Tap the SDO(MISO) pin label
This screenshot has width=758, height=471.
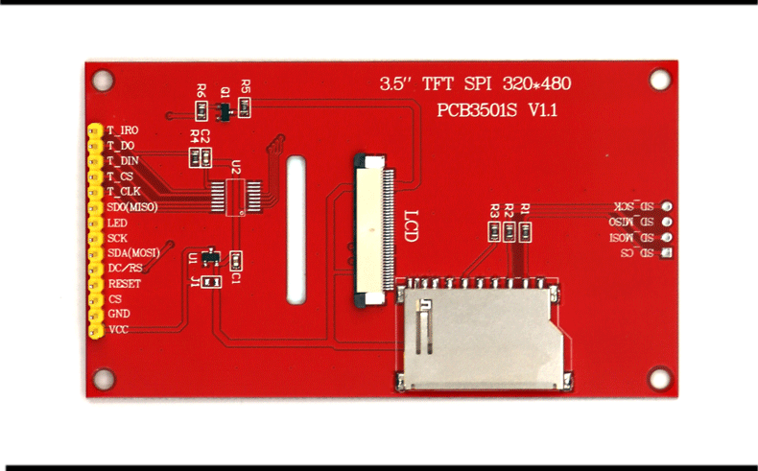point(132,206)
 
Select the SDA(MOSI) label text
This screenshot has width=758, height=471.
point(133,252)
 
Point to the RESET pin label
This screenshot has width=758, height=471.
point(125,284)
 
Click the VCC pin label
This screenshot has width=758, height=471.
point(118,329)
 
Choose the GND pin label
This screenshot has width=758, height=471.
point(119,314)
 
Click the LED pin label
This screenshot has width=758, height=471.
point(117,223)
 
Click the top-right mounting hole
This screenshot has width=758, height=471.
point(659,80)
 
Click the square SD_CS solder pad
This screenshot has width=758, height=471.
point(667,253)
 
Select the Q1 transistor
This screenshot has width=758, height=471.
point(224,113)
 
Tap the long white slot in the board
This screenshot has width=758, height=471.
point(297,230)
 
